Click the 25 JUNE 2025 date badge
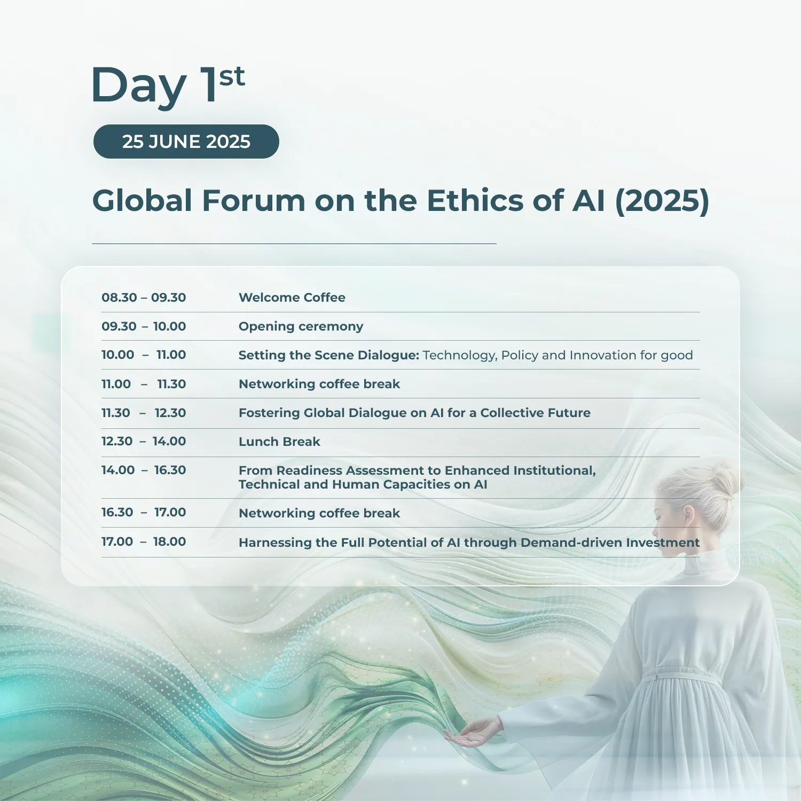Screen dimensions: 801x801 coord(186,142)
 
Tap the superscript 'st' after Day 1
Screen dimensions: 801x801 coord(232,77)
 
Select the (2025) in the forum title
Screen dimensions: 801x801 coord(662,201)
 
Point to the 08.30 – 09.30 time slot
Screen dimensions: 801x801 coord(144,297)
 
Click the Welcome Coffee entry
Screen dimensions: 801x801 coord(292,297)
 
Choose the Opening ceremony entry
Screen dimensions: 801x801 coord(301,326)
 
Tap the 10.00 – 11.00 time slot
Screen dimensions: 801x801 coord(144,355)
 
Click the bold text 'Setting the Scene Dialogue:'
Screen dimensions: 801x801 coord(329,355)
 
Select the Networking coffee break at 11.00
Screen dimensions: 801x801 coord(319,384)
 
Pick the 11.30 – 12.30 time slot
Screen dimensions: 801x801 coord(144,413)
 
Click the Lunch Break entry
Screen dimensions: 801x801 coord(279,442)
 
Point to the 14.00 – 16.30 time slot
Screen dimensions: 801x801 coord(144,470)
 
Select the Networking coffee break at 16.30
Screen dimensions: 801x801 coord(319,513)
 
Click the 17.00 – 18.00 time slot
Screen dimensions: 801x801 coord(144,541)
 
